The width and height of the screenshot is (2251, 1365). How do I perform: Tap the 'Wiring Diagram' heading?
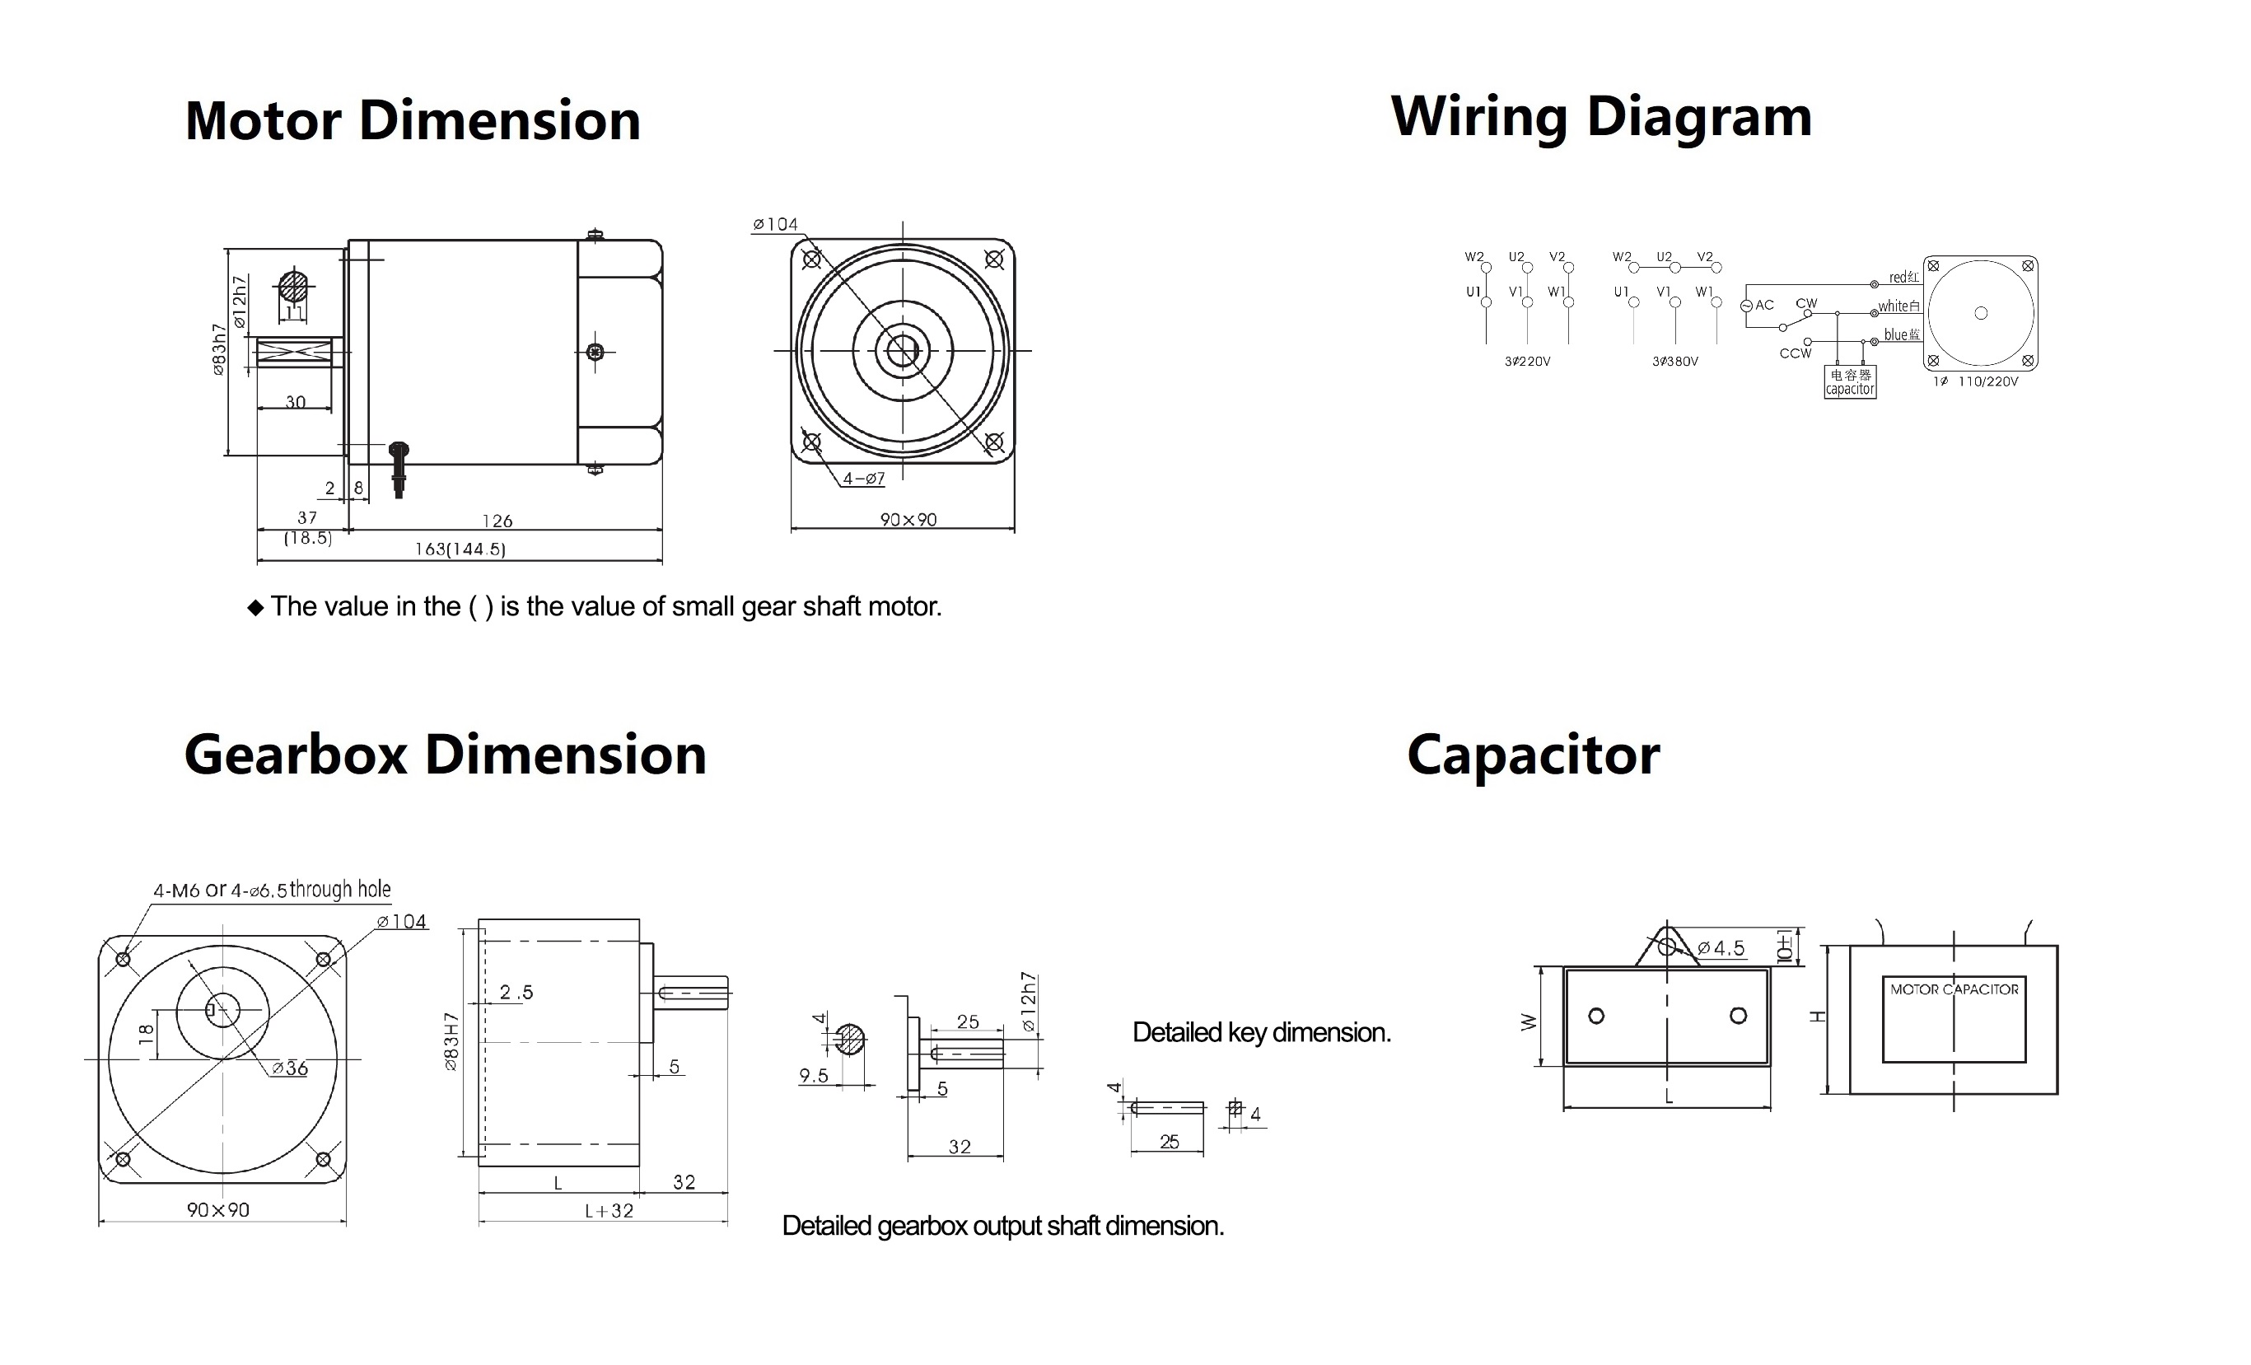click(x=1600, y=117)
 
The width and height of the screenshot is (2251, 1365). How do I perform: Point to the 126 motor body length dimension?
click(x=497, y=521)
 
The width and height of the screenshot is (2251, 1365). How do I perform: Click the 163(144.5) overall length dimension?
click(x=460, y=549)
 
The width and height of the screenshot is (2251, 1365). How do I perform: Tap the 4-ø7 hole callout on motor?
click(x=863, y=478)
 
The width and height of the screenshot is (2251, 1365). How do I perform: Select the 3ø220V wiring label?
click(x=1528, y=362)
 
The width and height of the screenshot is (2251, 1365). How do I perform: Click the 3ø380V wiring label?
click(x=1674, y=362)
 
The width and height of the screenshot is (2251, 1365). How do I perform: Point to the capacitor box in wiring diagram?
click(x=1850, y=382)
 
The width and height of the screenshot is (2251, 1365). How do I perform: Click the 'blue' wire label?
click(x=1901, y=335)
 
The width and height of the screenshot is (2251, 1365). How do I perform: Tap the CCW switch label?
click(x=1796, y=353)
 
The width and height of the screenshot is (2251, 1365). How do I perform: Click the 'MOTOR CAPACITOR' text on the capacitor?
click(x=1954, y=989)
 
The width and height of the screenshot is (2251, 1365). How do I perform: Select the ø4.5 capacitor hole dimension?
click(x=1721, y=948)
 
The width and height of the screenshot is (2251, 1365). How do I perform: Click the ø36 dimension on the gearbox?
click(x=291, y=1068)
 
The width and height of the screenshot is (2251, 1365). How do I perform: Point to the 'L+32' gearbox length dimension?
click(x=609, y=1211)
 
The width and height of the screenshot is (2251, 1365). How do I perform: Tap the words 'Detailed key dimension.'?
click(x=1261, y=1032)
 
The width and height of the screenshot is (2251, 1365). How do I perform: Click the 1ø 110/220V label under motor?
click(x=1975, y=382)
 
